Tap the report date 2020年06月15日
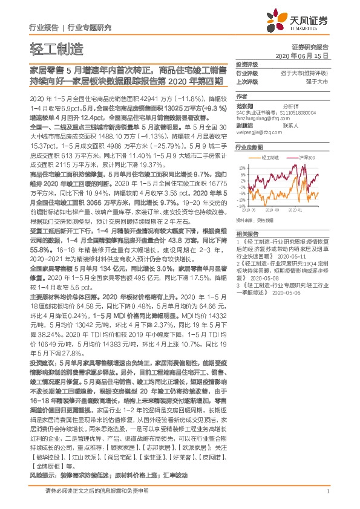pyautogui.click(x=301, y=55)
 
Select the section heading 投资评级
pyautogui.click(x=246, y=63)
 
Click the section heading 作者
pyautogui.click(x=241, y=96)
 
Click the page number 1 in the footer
pyautogui.click(x=327, y=499)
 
